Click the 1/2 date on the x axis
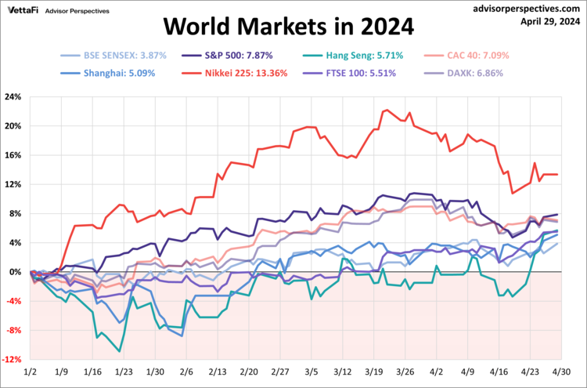31,372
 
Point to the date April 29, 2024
549,21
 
